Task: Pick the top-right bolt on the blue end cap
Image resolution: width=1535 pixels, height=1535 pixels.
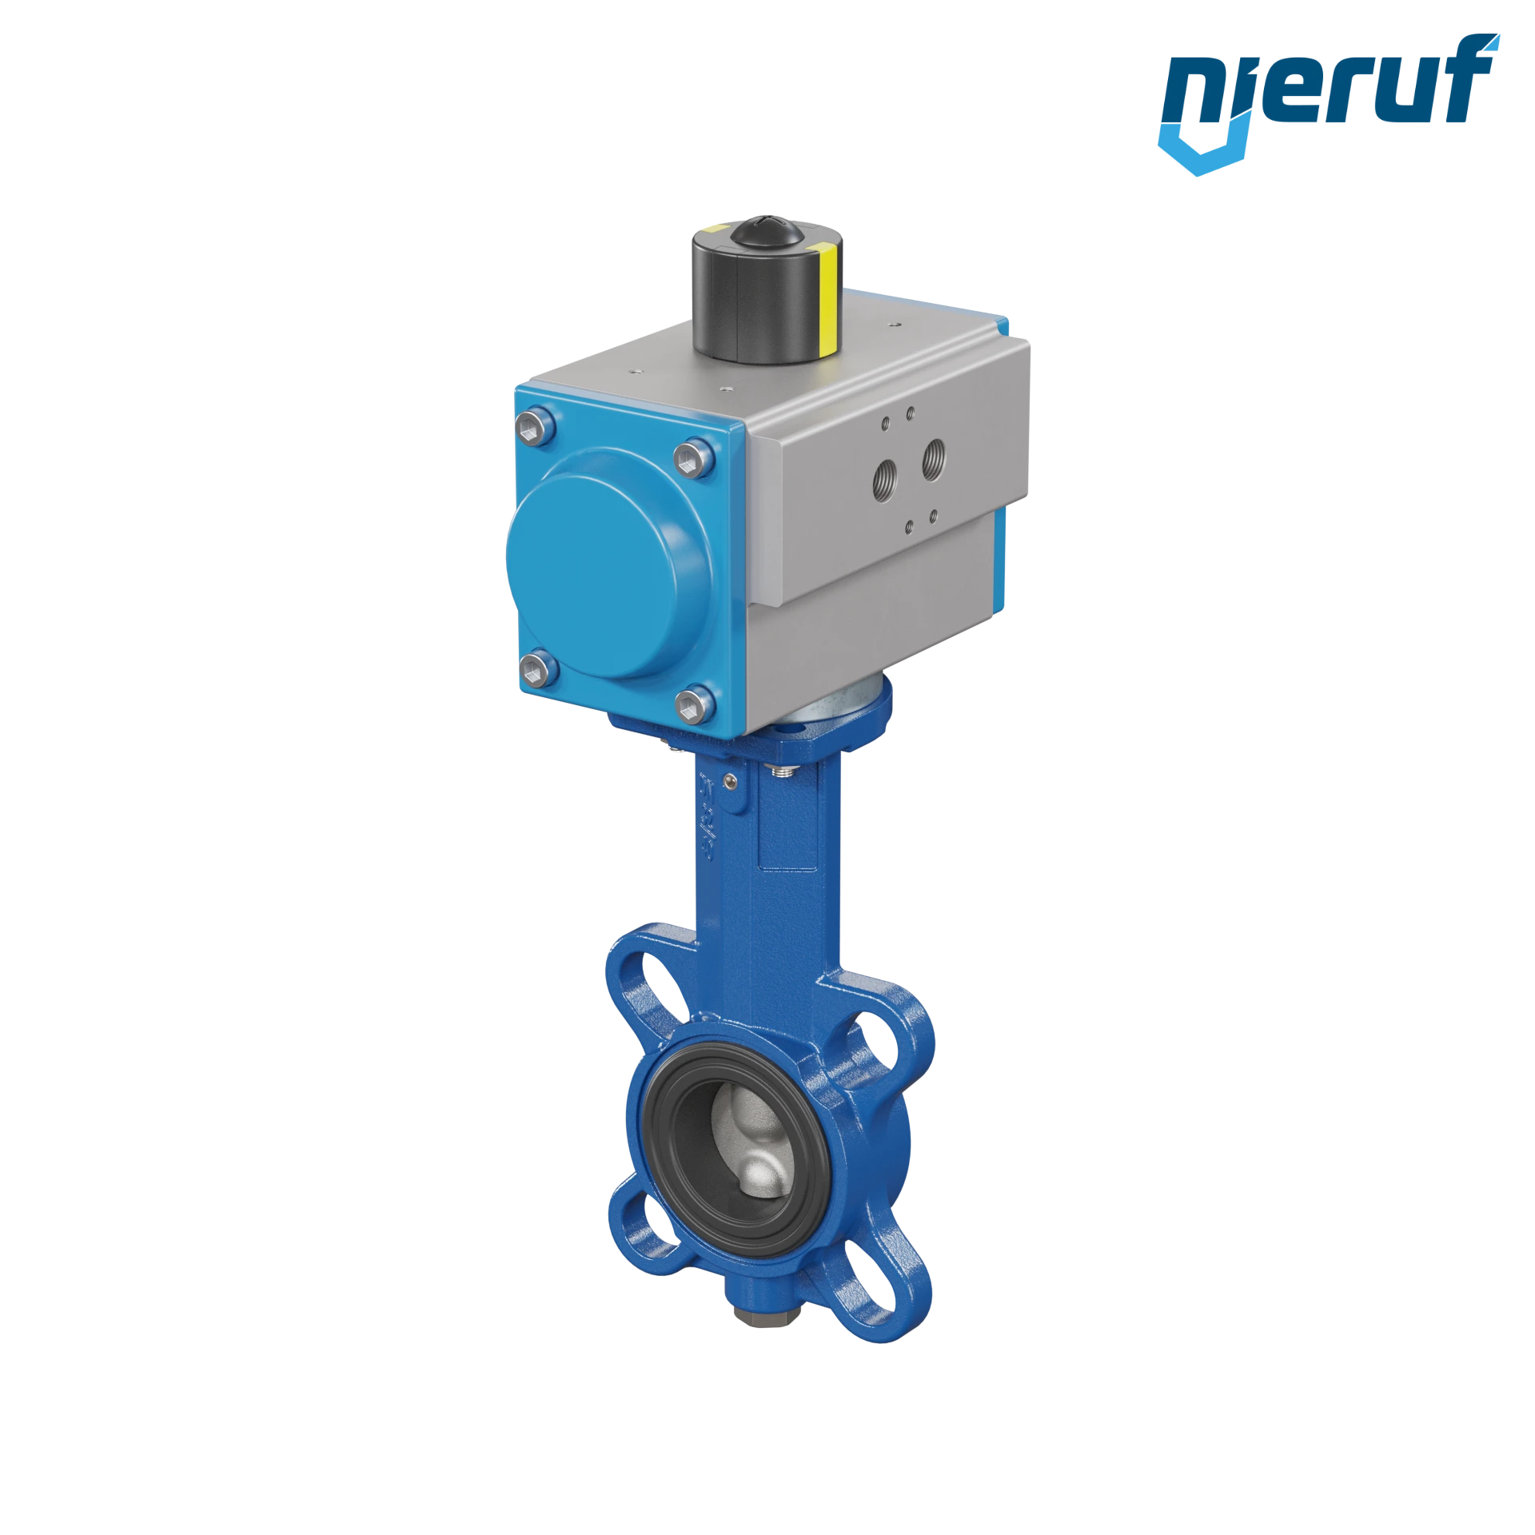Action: coord(692,459)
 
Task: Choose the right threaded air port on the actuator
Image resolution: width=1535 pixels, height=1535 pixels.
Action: coord(933,460)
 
